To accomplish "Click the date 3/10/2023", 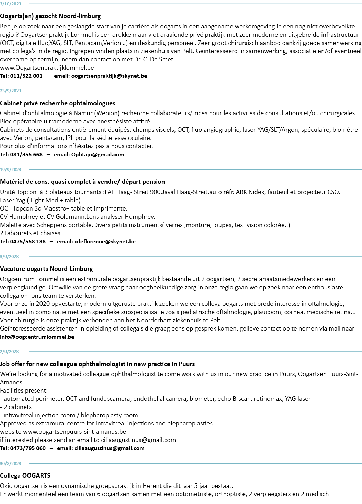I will coord(11,4).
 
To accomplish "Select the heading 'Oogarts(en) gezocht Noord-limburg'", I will coord(50,16).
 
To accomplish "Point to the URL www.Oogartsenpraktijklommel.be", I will coord(47,68).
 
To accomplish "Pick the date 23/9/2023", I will coord(11,91).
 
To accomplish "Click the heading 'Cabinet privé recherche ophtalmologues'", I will coord(58,103).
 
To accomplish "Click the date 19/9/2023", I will coord(11,169).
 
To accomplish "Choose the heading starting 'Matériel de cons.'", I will coord(82,182).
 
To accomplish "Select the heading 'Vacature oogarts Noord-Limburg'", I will coord(46,269).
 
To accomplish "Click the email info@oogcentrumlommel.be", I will coord(37,337).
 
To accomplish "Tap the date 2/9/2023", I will coord(10,352).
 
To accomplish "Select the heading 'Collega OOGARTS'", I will coord(25,476).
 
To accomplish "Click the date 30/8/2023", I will coord(11,464).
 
